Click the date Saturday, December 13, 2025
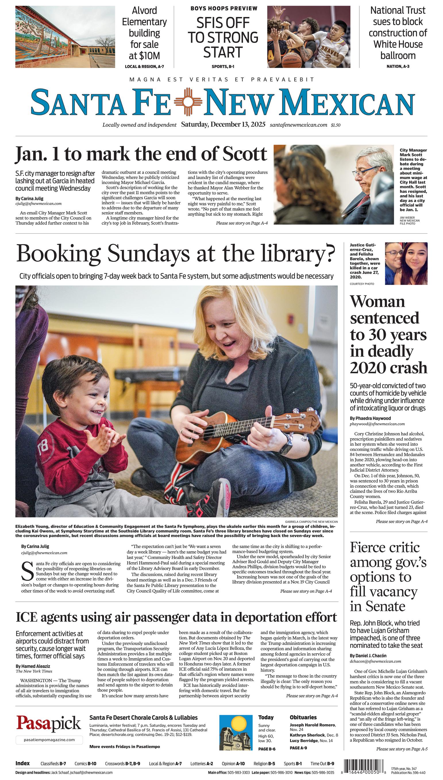(x=223, y=124)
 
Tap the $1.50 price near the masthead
(x=336, y=125)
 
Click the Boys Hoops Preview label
(x=224, y=9)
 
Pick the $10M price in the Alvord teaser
(x=144, y=56)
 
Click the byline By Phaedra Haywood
(x=370, y=418)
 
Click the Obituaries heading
(x=303, y=717)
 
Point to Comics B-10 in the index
(x=86, y=763)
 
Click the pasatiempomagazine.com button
(x=49, y=739)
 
